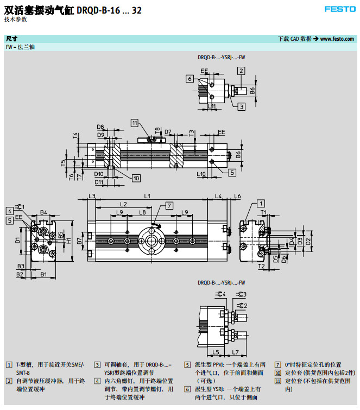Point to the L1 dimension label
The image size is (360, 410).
point(147,195)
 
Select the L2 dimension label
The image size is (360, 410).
point(123,204)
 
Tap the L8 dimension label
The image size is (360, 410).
point(142,212)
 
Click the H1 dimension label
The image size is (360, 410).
point(69,241)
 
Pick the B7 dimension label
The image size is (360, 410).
point(79,240)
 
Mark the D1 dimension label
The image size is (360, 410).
point(17,239)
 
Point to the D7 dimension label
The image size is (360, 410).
point(168,132)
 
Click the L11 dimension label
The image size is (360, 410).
point(212,106)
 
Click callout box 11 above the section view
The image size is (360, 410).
point(135,123)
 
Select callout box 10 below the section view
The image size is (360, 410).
point(136,178)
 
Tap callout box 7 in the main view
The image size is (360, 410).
point(169,205)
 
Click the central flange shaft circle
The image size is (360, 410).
point(151,241)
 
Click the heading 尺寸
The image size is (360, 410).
point(11,39)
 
